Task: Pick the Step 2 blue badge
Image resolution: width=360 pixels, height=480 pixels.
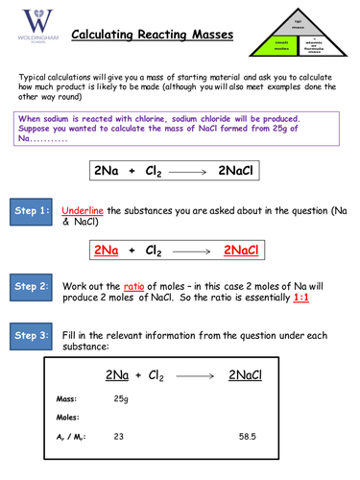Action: [32, 286]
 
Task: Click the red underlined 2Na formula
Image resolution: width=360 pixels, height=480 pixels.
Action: [107, 251]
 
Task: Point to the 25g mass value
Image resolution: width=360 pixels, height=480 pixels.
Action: [121, 397]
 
